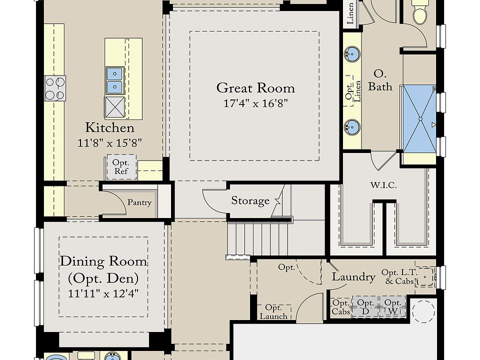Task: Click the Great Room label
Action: coord(255,88)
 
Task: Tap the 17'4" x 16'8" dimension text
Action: coord(255,103)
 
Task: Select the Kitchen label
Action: coord(109,127)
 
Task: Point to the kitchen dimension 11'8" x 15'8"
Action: coord(109,142)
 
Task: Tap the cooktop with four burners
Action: coord(55,88)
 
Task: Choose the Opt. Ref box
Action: coord(121,167)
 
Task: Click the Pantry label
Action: coord(139,202)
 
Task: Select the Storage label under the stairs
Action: coord(250,201)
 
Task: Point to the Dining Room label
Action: coord(103,261)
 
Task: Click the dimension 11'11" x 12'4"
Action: coord(103,293)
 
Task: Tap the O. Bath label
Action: coord(380,80)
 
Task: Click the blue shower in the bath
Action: coord(419,119)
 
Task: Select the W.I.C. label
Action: coord(383,185)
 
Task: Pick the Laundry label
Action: coord(353,276)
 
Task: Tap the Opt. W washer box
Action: coord(393,306)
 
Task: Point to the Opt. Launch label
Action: coord(273,312)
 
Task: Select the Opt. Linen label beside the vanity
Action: coord(353,91)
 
